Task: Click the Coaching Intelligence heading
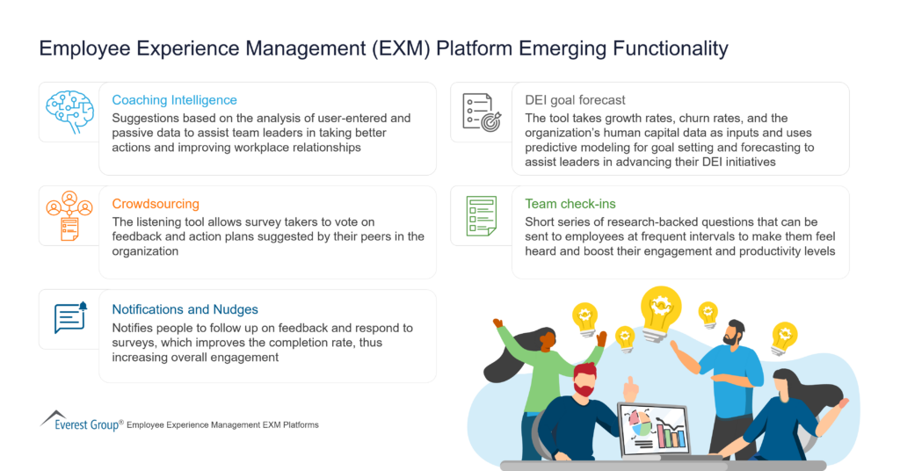(174, 100)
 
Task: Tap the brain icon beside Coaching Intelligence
(69, 111)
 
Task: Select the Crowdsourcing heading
(156, 204)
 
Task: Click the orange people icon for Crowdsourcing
(69, 215)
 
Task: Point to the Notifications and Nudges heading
(185, 309)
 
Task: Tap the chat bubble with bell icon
(69, 318)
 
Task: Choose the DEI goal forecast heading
(575, 100)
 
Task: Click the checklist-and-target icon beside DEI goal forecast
(481, 112)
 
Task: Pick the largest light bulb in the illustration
(661, 308)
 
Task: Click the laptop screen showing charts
(653, 429)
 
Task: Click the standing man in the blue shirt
(735, 369)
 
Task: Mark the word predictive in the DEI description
(552, 147)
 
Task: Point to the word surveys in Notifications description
(137, 343)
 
